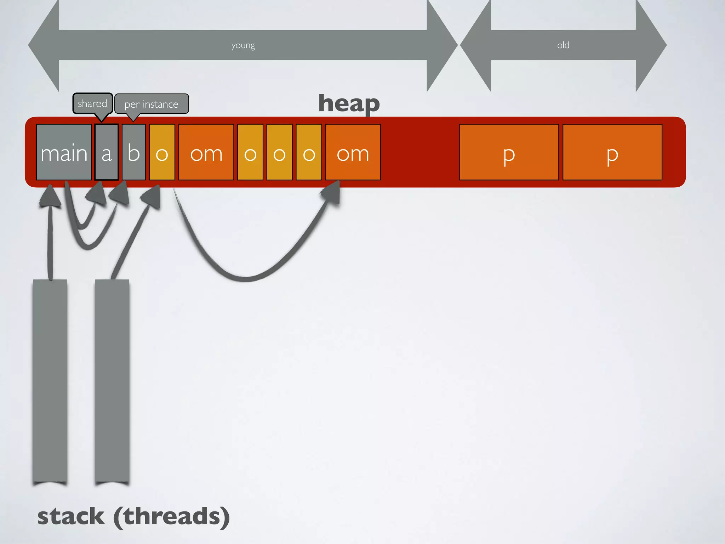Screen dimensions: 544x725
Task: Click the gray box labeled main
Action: [x=64, y=152]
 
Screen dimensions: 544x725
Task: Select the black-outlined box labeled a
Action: [x=107, y=152]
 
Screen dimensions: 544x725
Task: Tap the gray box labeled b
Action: [x=134, y=152]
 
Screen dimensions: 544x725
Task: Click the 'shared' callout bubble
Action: [x=92, y=103]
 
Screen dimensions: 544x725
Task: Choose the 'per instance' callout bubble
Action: [x=152, y=104]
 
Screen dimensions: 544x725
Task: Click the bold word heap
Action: [x=349, y=103]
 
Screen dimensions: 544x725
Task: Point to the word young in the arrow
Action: [x=243, y=45]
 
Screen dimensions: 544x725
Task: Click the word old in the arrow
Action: [x=563, y=45]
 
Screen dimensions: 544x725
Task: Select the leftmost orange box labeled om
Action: [x=206, y=152]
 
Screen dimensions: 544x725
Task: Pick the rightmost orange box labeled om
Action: [x=353, y=152]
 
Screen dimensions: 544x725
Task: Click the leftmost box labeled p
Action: [x=509, y=152]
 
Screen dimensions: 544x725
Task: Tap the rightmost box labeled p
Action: [x=612, y=152]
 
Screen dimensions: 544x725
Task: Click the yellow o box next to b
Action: [x=162, y=152]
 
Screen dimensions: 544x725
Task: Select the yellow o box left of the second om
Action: [x=309, y=152]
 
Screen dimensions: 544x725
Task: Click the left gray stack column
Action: [x=50, y=381]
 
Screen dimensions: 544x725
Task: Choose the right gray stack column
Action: [x=112, y=381]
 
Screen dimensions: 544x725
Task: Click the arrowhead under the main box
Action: [x=50, y=196]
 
